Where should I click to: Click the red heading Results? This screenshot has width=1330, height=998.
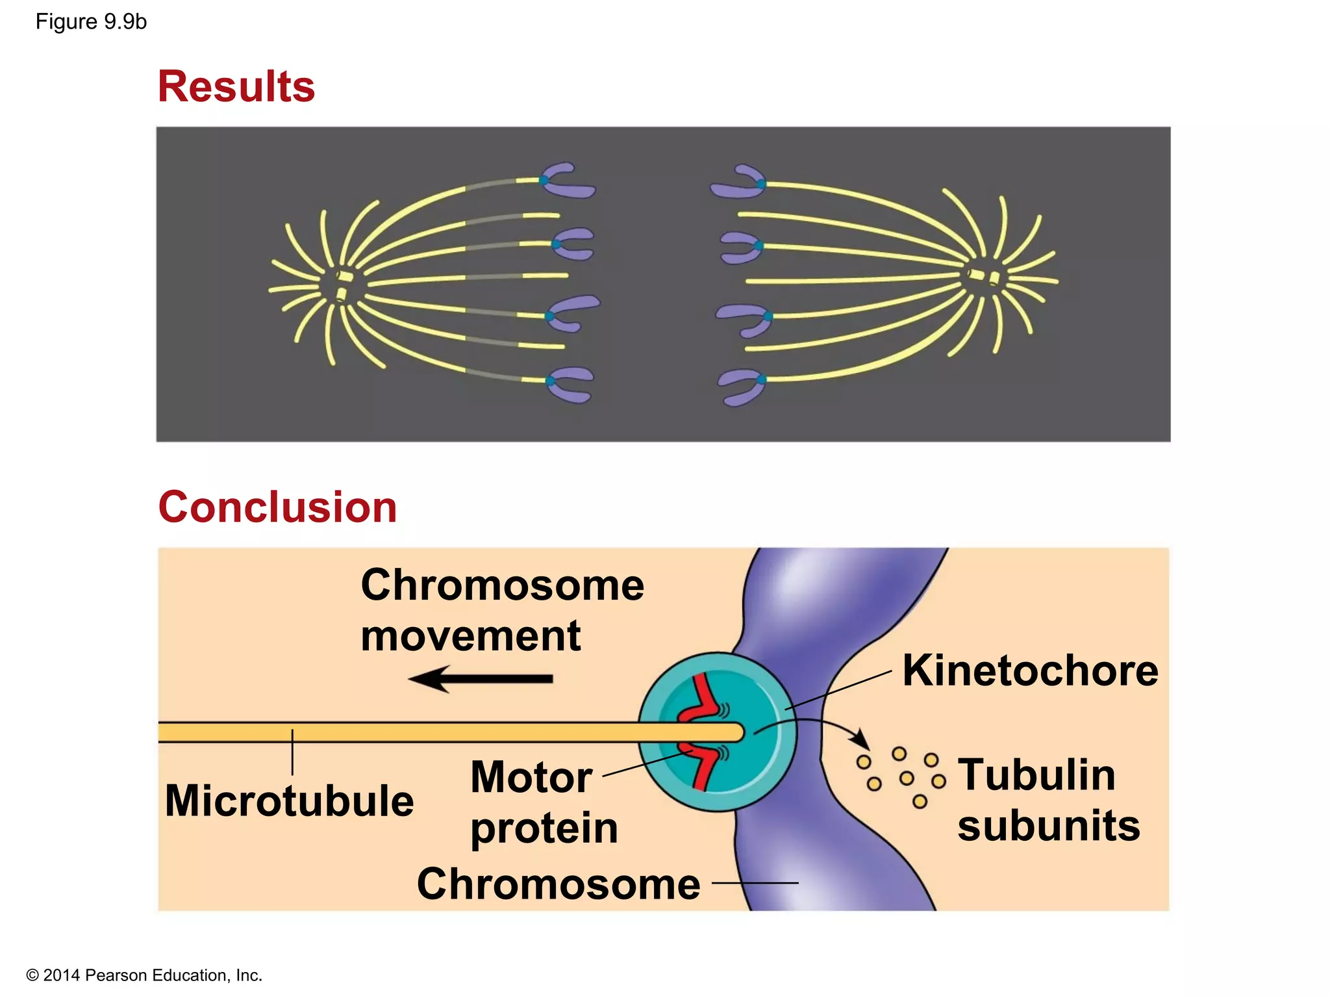pos(236,86)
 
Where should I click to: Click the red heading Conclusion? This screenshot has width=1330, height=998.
pos(277,507)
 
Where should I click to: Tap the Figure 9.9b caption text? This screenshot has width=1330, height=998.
pos(91,22)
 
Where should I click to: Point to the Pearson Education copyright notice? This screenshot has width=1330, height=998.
pos(144,975)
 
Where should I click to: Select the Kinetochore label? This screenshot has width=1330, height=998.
pos(1030,671)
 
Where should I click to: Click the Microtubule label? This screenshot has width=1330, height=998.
pos(289,800)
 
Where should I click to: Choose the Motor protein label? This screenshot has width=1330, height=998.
pos(543,802)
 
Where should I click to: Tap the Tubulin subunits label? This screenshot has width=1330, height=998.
pos(1048,800)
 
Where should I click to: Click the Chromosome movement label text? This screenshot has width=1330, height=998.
pos(501,610)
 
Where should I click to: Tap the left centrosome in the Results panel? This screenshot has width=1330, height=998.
pos(343,286)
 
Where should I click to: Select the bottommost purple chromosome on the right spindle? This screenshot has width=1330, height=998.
pos(742,386)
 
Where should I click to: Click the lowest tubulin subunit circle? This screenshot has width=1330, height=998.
pos(920,802)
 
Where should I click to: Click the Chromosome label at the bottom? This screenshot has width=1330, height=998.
pos(558,884)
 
